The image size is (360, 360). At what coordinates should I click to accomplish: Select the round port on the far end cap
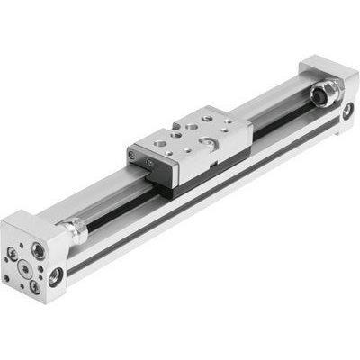pyautogui.click(x=347, y=112)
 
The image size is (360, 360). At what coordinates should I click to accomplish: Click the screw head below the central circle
pyautogui.click(x=33, y=285)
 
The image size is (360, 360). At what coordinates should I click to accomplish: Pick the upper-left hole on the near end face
pyautogui.click(x=13, y=243)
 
